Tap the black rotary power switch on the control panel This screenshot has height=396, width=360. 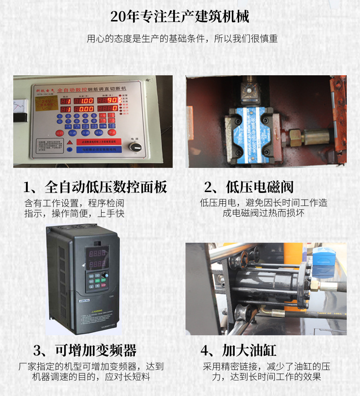(x=134, y=146)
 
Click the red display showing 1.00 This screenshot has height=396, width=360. (x=86, y=100)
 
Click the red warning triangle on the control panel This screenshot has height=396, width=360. (x=69, y=142)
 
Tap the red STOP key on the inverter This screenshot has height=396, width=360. (x=103, y=287)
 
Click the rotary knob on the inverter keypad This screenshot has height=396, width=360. (x=104, y=275)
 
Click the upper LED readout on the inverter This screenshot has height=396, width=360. (x=97, y=254)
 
